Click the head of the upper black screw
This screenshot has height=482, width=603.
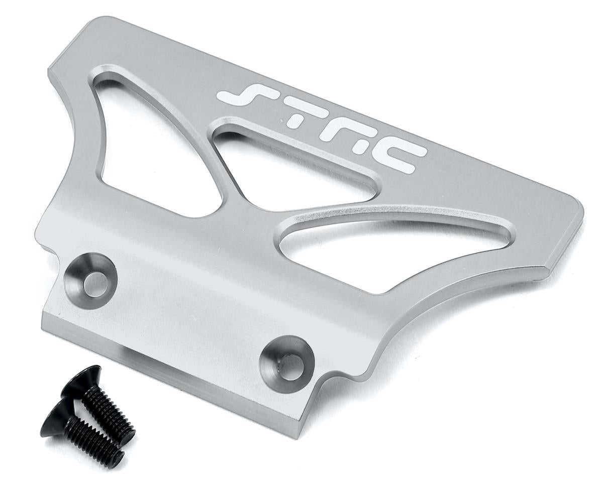point(80,382)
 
